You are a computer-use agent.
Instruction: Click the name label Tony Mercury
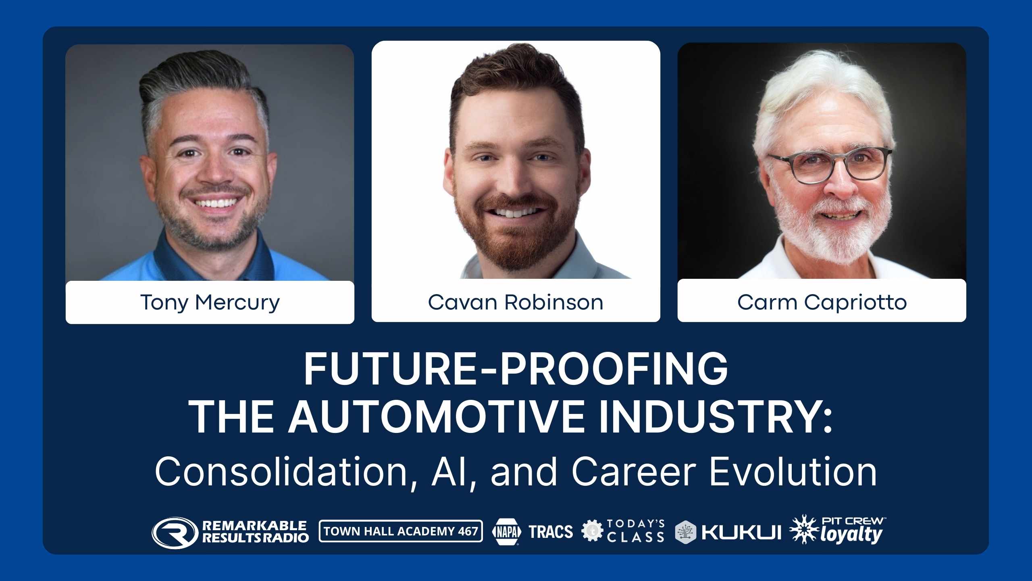tap(210, 302)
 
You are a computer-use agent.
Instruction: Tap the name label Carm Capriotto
tap(822, 301)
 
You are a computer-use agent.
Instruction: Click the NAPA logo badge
tap(506, 532)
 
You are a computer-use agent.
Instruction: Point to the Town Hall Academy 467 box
tap(401, 531)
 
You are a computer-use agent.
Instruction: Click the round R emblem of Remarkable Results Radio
tap(175, 533)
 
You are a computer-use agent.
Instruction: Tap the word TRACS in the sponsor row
tap(551, 532)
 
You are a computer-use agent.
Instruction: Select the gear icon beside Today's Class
tap(592, 531)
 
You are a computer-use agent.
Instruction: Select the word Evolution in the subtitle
tap(793, 471)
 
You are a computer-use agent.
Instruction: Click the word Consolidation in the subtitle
tap(281, 471)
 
